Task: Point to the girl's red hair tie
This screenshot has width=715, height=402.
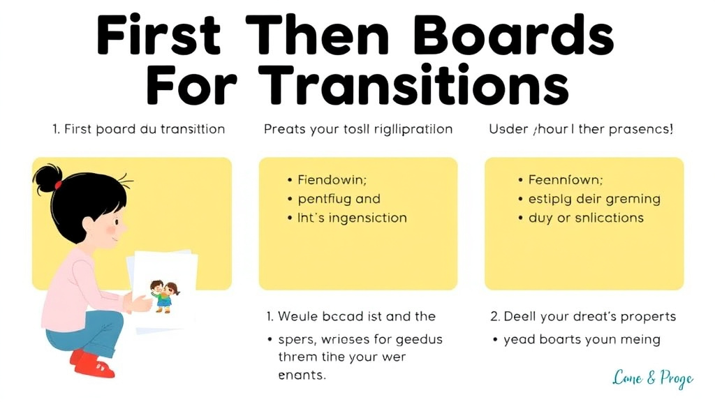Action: [x=59, y=185]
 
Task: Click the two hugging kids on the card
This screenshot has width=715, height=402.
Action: [x=162, y=295]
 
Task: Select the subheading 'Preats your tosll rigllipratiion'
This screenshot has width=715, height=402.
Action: [x=358, y=129]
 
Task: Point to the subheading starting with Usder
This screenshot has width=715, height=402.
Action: [x=581, y=129]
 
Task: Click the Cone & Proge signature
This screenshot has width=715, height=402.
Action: [x=653, y=378]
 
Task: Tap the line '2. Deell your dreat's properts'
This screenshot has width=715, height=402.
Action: [x=583, y=316]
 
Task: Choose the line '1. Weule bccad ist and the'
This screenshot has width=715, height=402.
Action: [x=351, y=316]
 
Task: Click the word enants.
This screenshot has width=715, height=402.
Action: [x=302, y=375]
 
